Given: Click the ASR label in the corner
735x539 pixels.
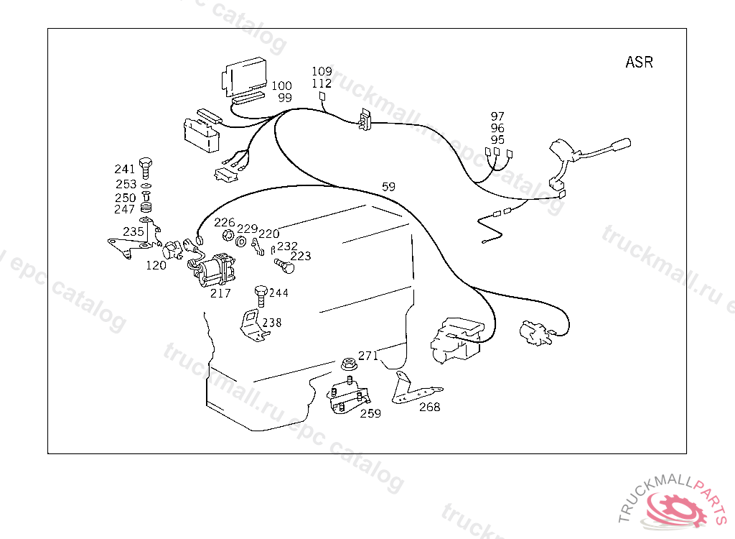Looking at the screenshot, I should (x=639, y=62).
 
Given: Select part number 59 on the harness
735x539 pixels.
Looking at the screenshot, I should (x=388, y=187).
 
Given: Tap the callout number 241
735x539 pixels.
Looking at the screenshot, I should (x=124, y=169).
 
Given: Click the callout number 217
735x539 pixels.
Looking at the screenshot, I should (x=220, y=293).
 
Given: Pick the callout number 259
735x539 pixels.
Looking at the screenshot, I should (x=370, y=413).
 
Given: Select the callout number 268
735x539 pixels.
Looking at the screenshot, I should (x=429, y=407).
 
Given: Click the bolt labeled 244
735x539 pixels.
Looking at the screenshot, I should (x=260, y=295).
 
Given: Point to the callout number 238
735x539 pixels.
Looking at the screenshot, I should (x=271, y=323).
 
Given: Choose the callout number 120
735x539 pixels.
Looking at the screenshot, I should (x=156, y=265).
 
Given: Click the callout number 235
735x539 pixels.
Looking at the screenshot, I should (x=133, y=231).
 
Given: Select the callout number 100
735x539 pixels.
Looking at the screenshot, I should (x=281, y=86).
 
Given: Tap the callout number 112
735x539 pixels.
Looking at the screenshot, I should (x=322, y=83).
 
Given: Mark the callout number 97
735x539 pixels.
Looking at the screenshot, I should (x=497, y=116).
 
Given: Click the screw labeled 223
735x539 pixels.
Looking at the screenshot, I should (x=286, y=265).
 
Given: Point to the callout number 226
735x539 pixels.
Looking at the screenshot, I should (x=224, y=223).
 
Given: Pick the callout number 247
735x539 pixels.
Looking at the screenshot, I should (x=124, y=209).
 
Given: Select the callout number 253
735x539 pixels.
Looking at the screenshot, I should (x=126, y=185).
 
